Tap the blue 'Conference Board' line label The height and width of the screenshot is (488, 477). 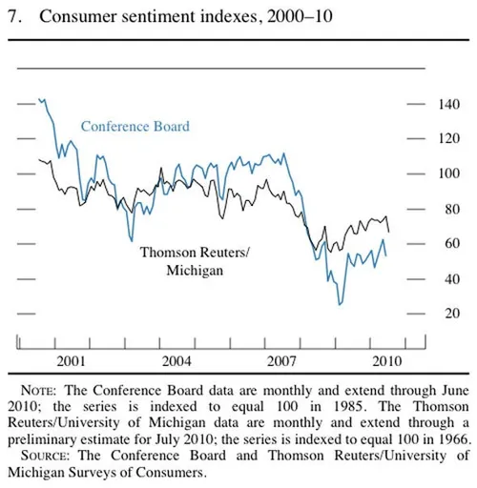coord(135,126)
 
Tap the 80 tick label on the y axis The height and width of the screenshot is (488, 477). coord(451,210)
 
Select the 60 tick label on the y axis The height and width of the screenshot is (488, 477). coord(451,244)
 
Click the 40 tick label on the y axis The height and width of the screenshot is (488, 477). coord(451,279)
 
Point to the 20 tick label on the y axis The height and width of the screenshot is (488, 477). coord(451,314)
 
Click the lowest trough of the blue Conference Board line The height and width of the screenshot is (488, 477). coord(340,304)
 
